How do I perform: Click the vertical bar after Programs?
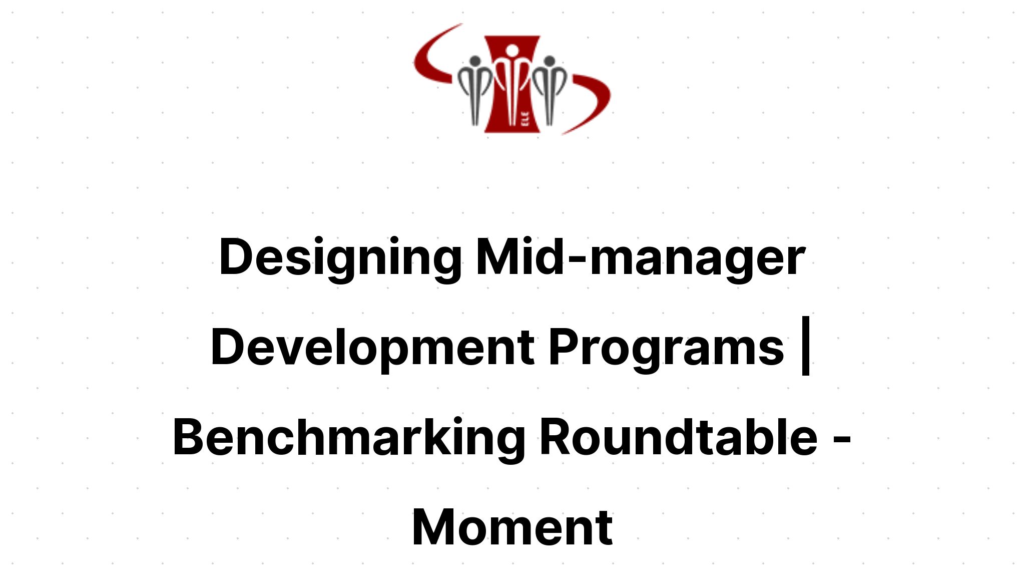805,346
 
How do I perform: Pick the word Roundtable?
678,437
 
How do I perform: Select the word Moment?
512,527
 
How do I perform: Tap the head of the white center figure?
511,51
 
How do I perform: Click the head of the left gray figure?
475,62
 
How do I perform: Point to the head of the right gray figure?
549,62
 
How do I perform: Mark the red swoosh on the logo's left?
430,60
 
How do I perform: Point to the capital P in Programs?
563,347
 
